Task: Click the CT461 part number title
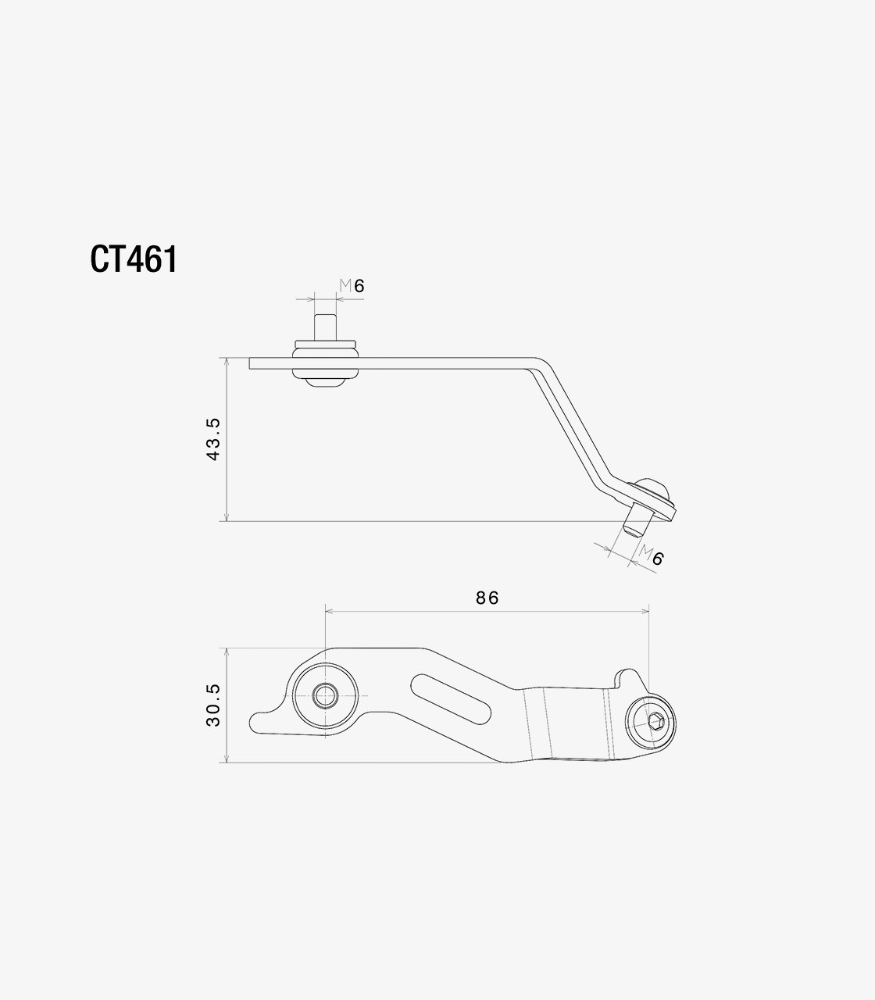[x=134, y=259]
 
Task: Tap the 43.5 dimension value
[x=213, y=439]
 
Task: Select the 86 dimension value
[x=487, y=598]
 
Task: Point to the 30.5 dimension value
[x=213, y=705]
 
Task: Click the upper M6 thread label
[x=352, y=285]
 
